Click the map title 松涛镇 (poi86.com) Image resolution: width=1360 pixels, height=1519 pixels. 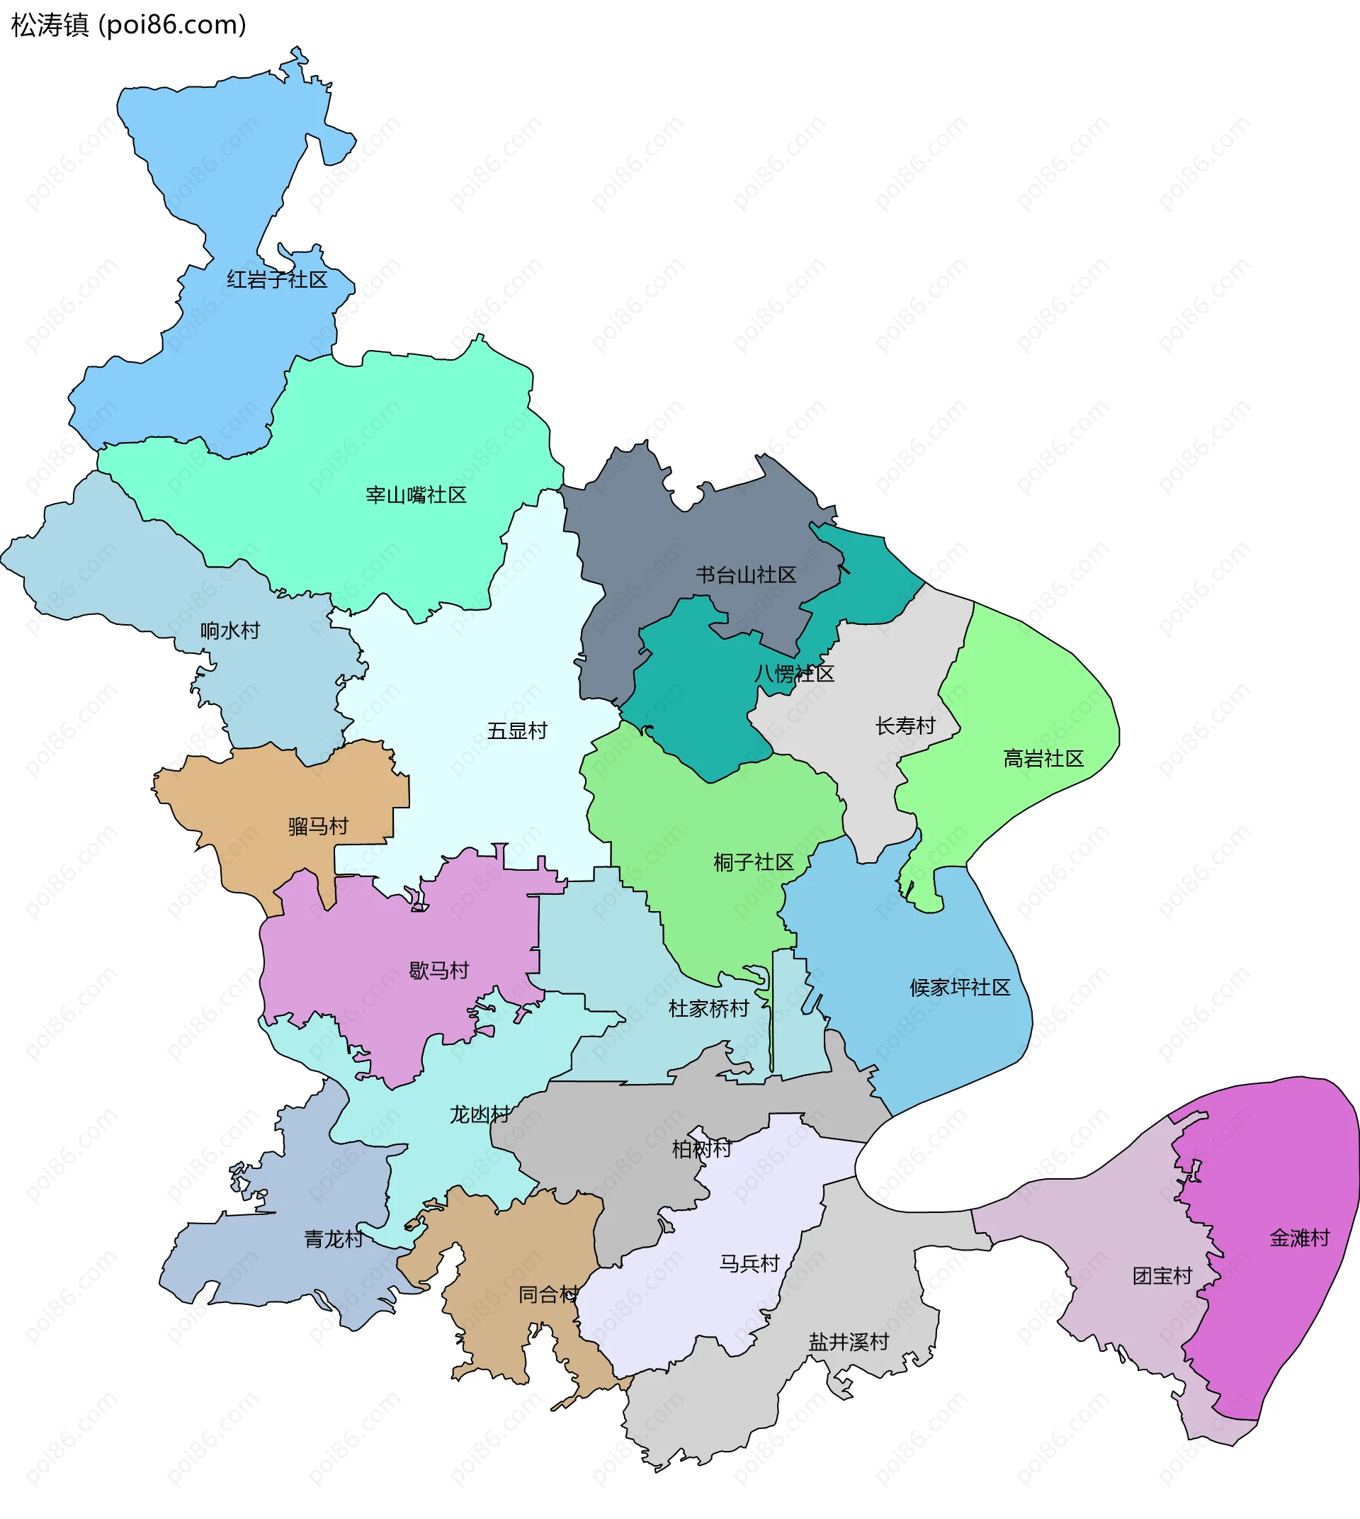[x=128, y=26]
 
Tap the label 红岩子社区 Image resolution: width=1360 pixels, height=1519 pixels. [x=277, y=280]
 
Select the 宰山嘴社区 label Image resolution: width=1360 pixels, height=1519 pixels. [x=416, y=495]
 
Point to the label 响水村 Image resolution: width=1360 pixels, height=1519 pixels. [x=230, y=630]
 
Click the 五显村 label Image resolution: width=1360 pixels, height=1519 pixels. [x=517, y=730]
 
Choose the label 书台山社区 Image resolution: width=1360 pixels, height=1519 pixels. [x=746, y=575]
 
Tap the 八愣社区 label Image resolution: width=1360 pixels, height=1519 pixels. [x=793, y=674]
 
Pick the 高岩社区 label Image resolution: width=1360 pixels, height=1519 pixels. [x=1043, y=759]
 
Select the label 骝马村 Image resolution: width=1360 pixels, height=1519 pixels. [x=318, y=826]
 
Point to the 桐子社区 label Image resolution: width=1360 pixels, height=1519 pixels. [x=753, y=863]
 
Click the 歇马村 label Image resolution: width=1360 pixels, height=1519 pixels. [x=438, y=971]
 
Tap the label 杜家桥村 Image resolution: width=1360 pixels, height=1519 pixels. [x=708, y=1008]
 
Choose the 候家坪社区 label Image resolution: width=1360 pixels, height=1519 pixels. [x=960, y=988]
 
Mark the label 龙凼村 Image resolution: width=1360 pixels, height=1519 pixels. [x=479, y=1114]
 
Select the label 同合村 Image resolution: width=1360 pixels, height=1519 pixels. [x=548, y=1294]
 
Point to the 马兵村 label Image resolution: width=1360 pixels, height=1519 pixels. [x=749, y=1263]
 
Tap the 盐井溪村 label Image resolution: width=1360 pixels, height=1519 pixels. [x=848, y=1342]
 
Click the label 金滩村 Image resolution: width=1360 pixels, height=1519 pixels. [x=1300, y=1238]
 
